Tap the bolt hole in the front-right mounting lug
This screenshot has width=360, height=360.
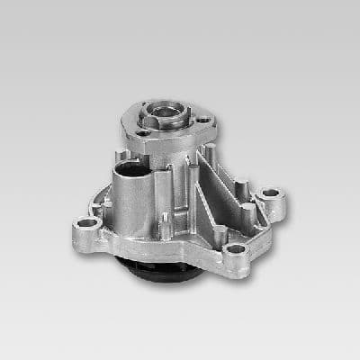[x=237, y=251]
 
